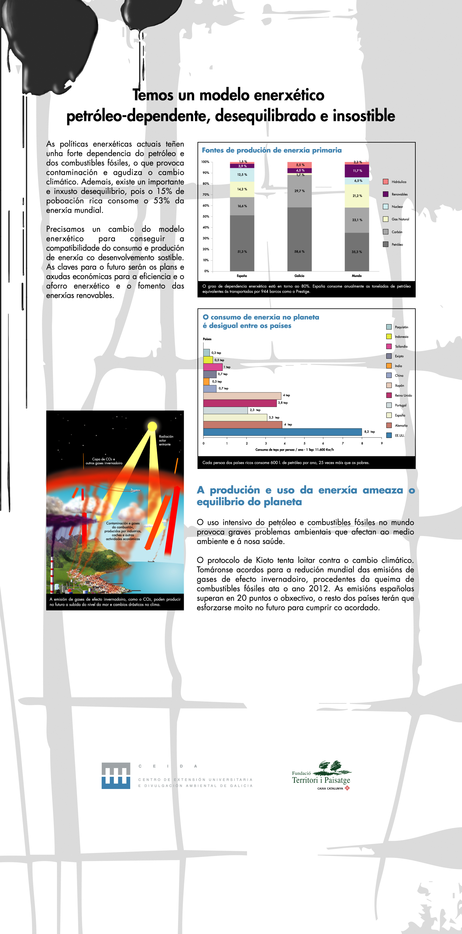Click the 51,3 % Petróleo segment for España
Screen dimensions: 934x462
(242, 243)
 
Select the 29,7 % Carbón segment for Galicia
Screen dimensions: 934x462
(299, 191)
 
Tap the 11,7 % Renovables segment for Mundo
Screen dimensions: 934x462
(357, 171)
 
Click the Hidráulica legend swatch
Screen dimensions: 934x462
(386, 182)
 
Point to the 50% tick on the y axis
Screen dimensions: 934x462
(206, 216)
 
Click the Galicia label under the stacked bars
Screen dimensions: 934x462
(299, 276)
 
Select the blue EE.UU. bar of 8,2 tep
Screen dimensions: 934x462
(282, 432)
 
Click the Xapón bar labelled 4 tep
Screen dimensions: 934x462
(242, 396)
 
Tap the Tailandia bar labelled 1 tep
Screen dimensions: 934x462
(213, 367)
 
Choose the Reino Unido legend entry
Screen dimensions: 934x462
(403, 396)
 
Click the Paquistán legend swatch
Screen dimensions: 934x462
(389, 327)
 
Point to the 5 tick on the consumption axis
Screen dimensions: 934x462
(304, 444)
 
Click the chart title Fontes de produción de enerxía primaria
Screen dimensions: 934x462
(271, 150)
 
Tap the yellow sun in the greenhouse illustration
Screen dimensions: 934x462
(152, 426)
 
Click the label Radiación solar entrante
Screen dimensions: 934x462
(166, 440)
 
